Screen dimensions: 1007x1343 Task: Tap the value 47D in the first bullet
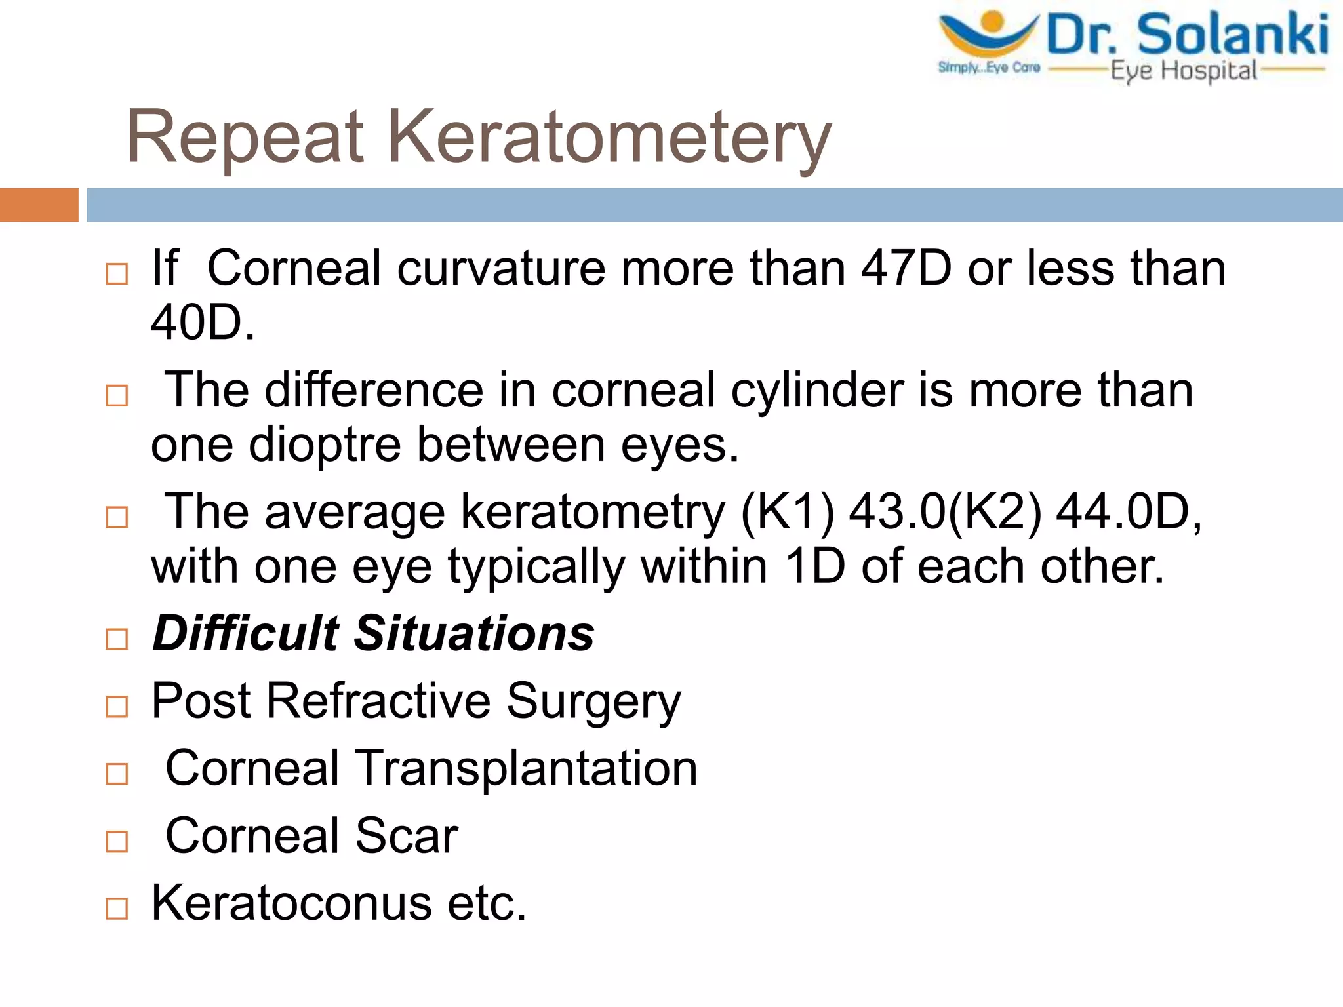coord(906,269)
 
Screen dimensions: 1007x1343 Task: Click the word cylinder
coord(817,391)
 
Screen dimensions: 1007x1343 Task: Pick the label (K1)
coord(788,512)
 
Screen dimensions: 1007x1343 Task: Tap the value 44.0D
coord(1123,512)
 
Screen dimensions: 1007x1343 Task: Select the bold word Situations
coord(474,634)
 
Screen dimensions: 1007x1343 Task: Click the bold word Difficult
coord(245,634)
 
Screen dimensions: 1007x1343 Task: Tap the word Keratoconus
coord(291,903)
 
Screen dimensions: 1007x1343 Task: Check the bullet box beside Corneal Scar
coord(117,841)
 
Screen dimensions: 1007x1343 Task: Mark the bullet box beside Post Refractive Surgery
coord(117,707)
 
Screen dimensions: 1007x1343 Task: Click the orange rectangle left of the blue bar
coord(39,205)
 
